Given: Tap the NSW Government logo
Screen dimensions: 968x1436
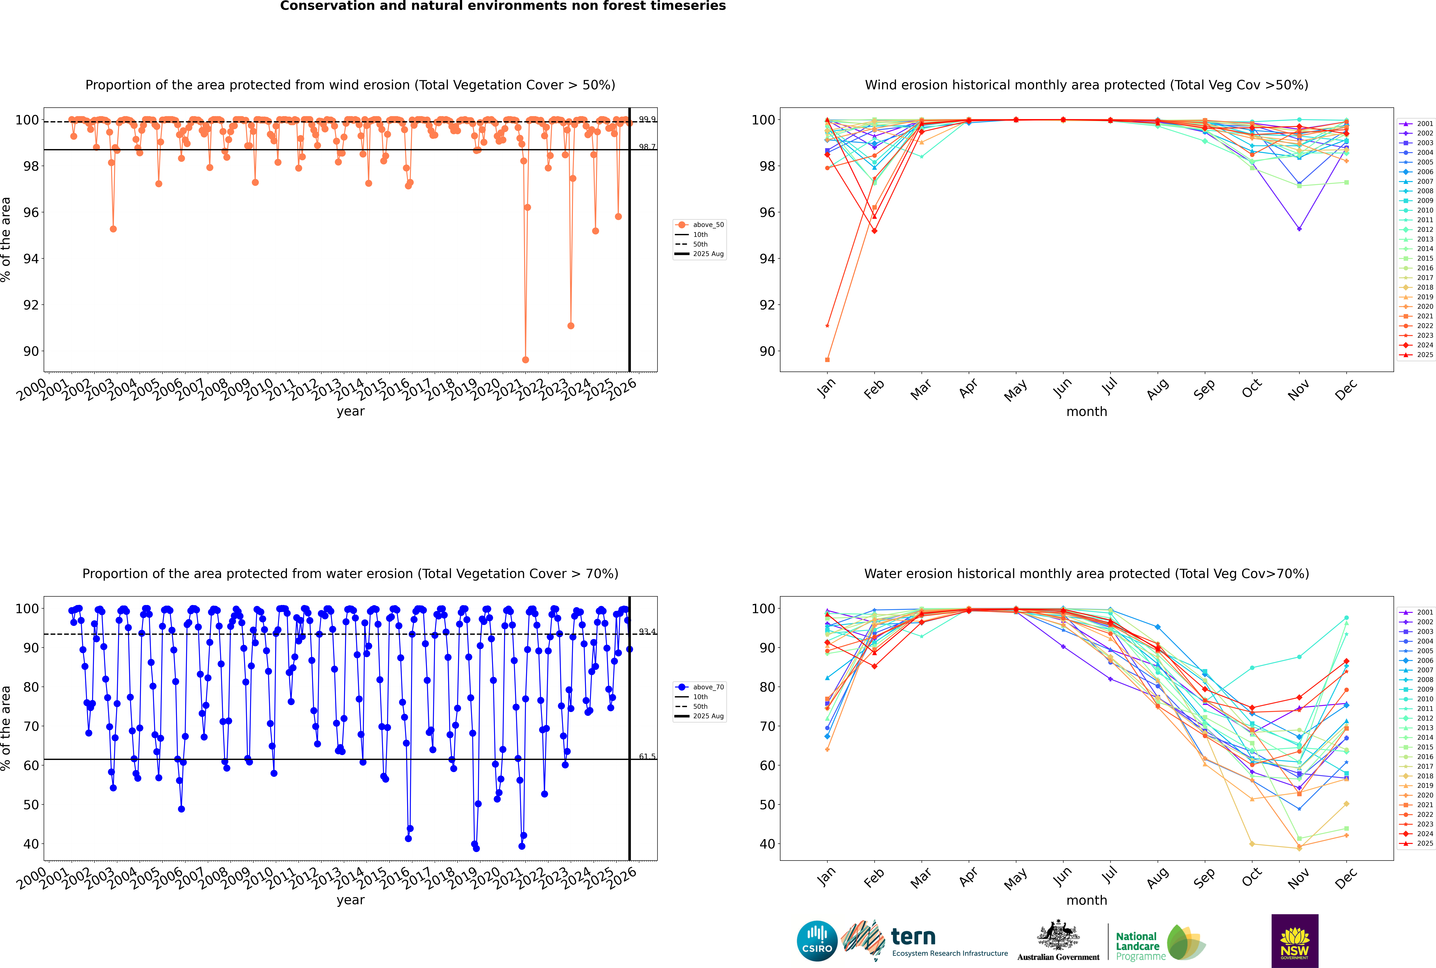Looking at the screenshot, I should click(x=1295, y=941).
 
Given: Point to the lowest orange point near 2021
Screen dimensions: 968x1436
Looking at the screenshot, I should click(x=525, y=360).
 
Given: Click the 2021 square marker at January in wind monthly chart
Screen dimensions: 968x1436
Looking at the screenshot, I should click(x=827, y=360).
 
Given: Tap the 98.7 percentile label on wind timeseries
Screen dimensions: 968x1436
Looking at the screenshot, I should click(x=647, y=147).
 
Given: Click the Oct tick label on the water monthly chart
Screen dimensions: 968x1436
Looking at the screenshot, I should click(x=1251, y=878).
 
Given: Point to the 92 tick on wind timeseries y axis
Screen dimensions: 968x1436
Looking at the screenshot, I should click(x=31, y=305).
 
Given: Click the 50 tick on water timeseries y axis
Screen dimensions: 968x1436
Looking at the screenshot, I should click(x=31, y=805).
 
